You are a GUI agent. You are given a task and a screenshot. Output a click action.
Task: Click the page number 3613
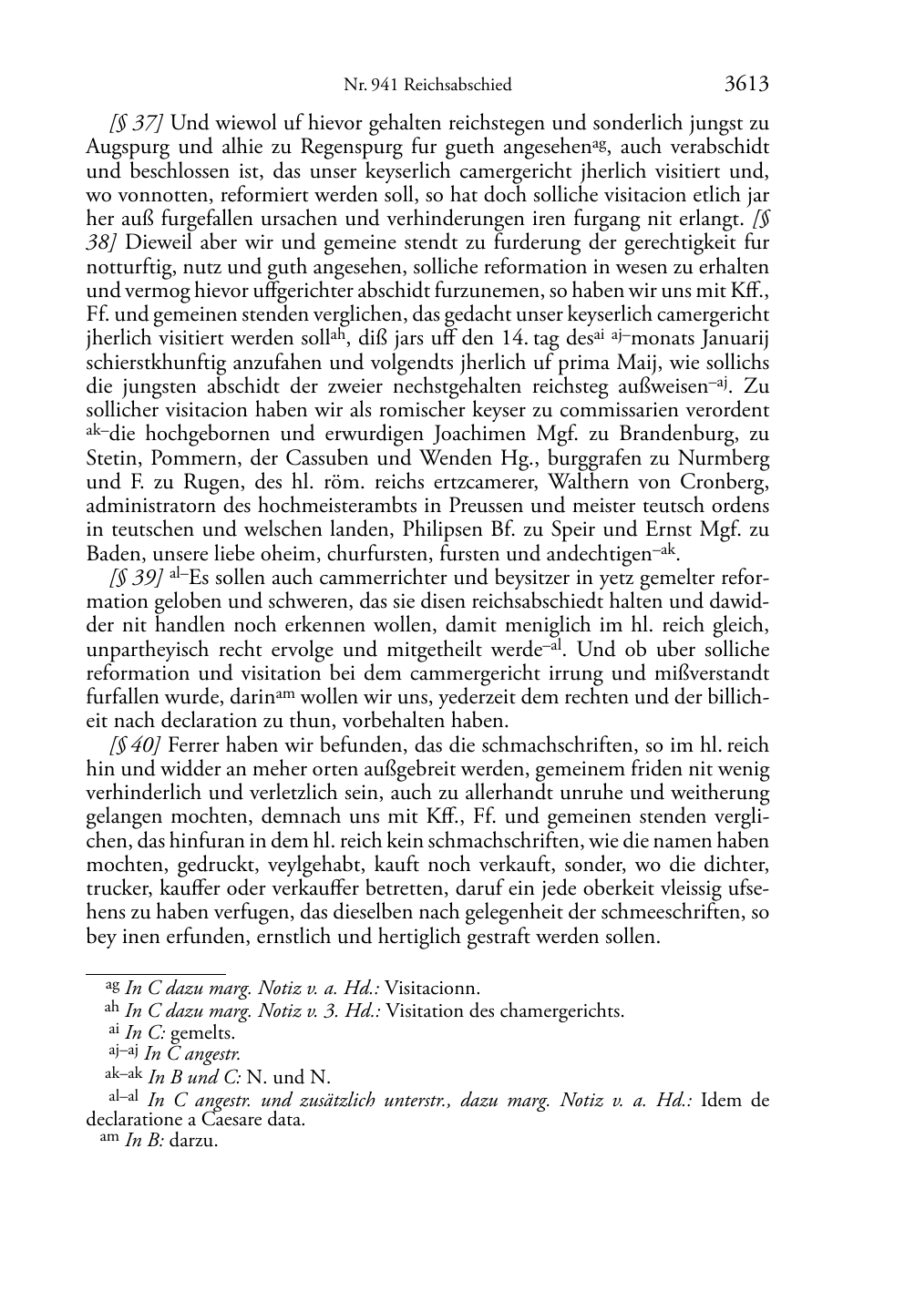click(x=746, y=84)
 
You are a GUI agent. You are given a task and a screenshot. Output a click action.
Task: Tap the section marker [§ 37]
click(x=138, y=122)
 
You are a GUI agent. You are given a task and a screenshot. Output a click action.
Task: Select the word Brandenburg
click(x=672, y=434)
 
